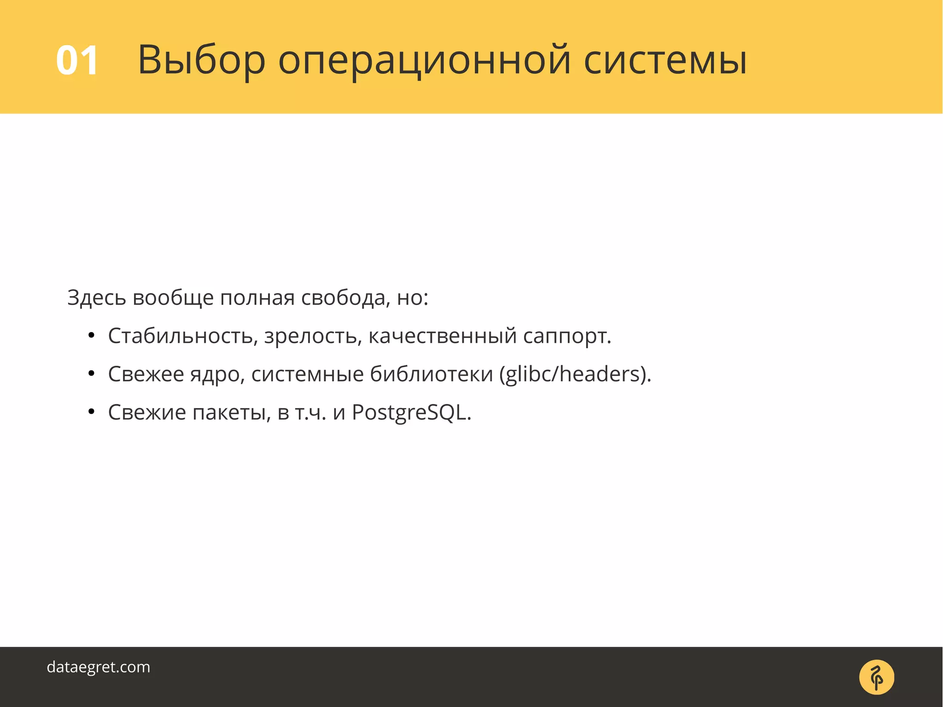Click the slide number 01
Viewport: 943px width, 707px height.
pyautogui.click(x=77, y=60)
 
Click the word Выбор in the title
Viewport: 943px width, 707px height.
pyautogui.click(x=201, y=60)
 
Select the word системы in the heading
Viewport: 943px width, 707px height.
pyautogui.click(x=665, y=60)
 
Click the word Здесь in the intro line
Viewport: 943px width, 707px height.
pyautogui.click(x=97, y=298)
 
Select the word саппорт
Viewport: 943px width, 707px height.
pyautogui.click(x=566, y=336)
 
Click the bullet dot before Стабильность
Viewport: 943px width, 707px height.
pyautogui.click(x=91, y=336)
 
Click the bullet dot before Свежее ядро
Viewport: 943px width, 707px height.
pyautogui.click(x=91, y=374)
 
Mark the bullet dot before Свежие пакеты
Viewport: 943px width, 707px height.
pyautogui.click(x=91, y=412)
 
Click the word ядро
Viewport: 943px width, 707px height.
pyautogui.click(x=217, y=374)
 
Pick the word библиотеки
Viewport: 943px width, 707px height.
pyautogui.click(x=431, y=374)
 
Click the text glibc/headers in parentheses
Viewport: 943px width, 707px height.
pyautogui.click(x=574, y=374)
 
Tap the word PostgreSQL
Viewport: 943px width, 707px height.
pyautogui.click(x=411, y=413)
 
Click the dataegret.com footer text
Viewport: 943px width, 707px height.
pyautogui.click(x=99, y=667)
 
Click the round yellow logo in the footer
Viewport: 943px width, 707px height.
pyautogui.click(x=876, y=677)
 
